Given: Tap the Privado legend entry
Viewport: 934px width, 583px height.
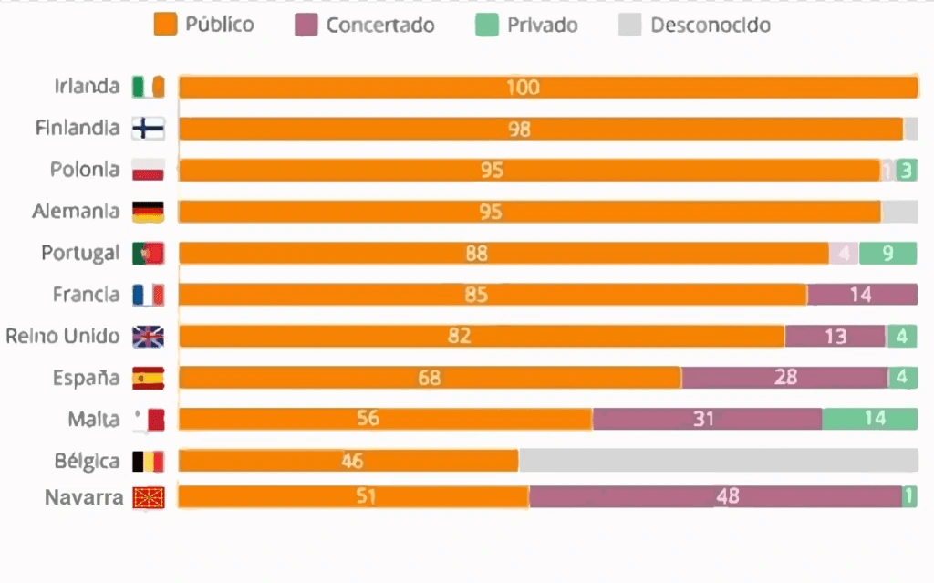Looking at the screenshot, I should [x=527, y=25].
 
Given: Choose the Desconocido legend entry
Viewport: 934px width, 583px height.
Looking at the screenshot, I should [x=695, y=25].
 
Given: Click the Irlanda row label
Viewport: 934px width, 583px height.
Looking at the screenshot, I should [x=87, y=87].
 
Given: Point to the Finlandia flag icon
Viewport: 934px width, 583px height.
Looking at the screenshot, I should [x=148, y=129].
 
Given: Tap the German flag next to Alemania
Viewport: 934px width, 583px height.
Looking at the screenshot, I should [x=148, y=212].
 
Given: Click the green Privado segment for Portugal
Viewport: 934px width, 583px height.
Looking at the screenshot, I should [x=887, y=254].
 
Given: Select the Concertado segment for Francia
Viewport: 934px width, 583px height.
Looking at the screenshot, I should [x=862, y=295].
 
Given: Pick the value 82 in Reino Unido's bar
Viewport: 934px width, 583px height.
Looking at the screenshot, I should [x=460, y=337].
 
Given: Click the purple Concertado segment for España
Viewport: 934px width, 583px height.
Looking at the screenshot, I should [x=784, y=378].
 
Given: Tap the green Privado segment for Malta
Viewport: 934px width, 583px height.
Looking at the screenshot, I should [x=869, y=419].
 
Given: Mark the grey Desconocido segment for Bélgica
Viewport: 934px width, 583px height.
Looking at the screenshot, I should [x=718, y=461].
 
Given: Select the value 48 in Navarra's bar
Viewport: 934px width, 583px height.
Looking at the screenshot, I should [x=727, y=497].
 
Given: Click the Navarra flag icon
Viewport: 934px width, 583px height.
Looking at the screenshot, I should [x=148, y=498].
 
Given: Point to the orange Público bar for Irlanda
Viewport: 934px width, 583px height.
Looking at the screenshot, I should [x=547, y=88].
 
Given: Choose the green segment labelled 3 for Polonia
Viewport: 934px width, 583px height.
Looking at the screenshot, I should [x=906, y=171].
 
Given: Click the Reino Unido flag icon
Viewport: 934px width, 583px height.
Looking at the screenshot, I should [x=148, y=337].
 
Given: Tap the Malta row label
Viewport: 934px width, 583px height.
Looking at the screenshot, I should [x=94, y=420].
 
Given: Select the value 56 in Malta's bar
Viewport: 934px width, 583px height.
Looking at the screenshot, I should [x=368, y=419].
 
